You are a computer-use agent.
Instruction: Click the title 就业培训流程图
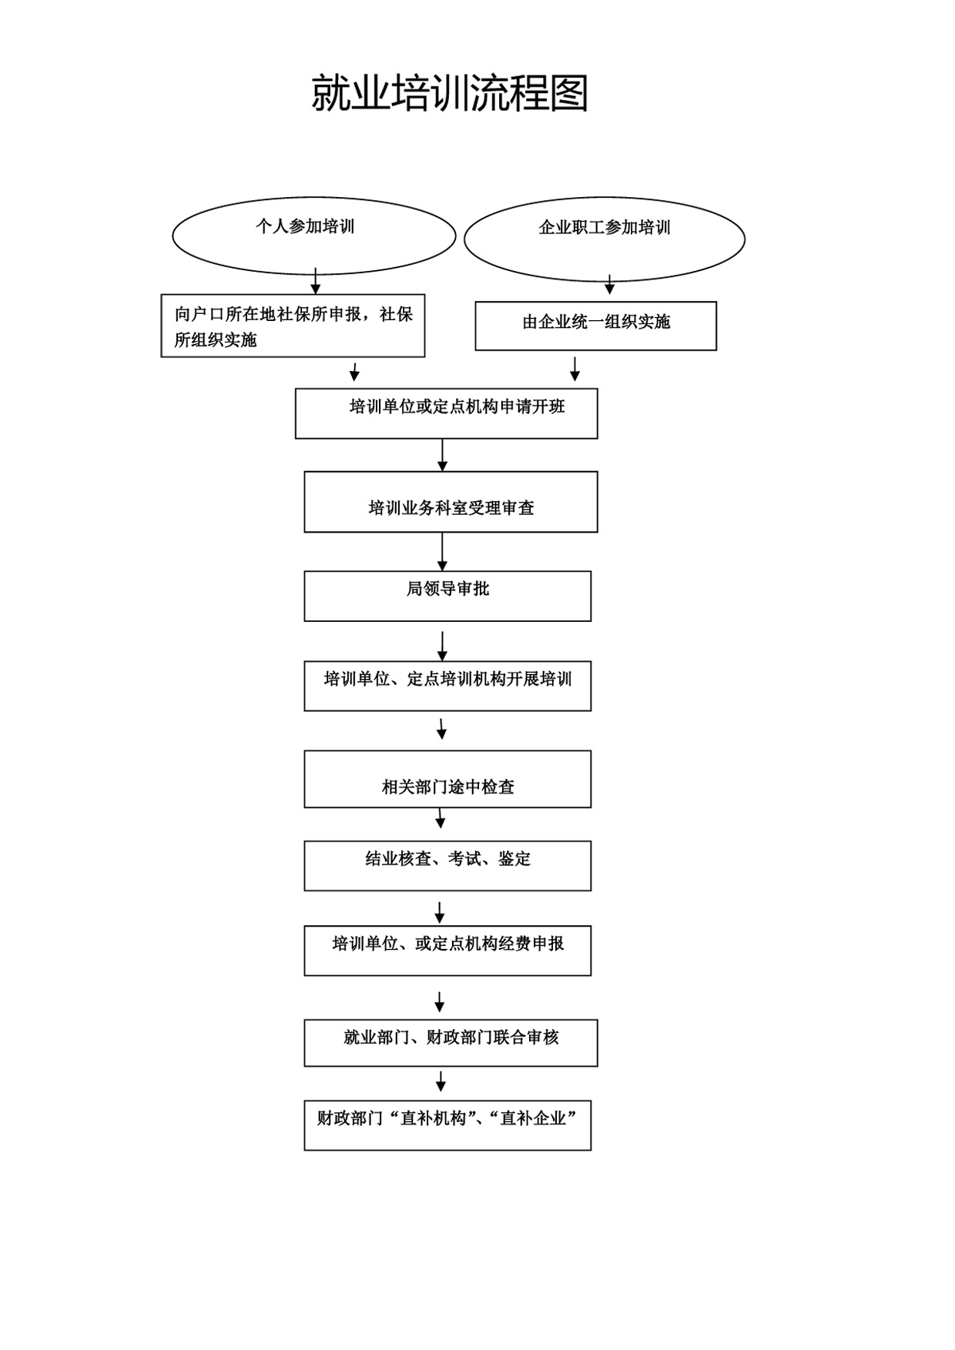point(450,94)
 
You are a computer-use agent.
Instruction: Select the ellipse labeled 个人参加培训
point(314,199)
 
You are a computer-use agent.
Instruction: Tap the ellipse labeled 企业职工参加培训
point(605,197)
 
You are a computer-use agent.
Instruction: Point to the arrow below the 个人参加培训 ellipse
point(315,281)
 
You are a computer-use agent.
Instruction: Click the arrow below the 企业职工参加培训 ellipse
point(609,285)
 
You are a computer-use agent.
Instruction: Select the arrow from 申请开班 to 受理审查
point(442,455)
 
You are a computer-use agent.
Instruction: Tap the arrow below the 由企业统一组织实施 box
point(575,369)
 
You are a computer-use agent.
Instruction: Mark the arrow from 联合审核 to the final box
point(441,1081)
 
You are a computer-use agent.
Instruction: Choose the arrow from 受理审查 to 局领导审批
point(442,552)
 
